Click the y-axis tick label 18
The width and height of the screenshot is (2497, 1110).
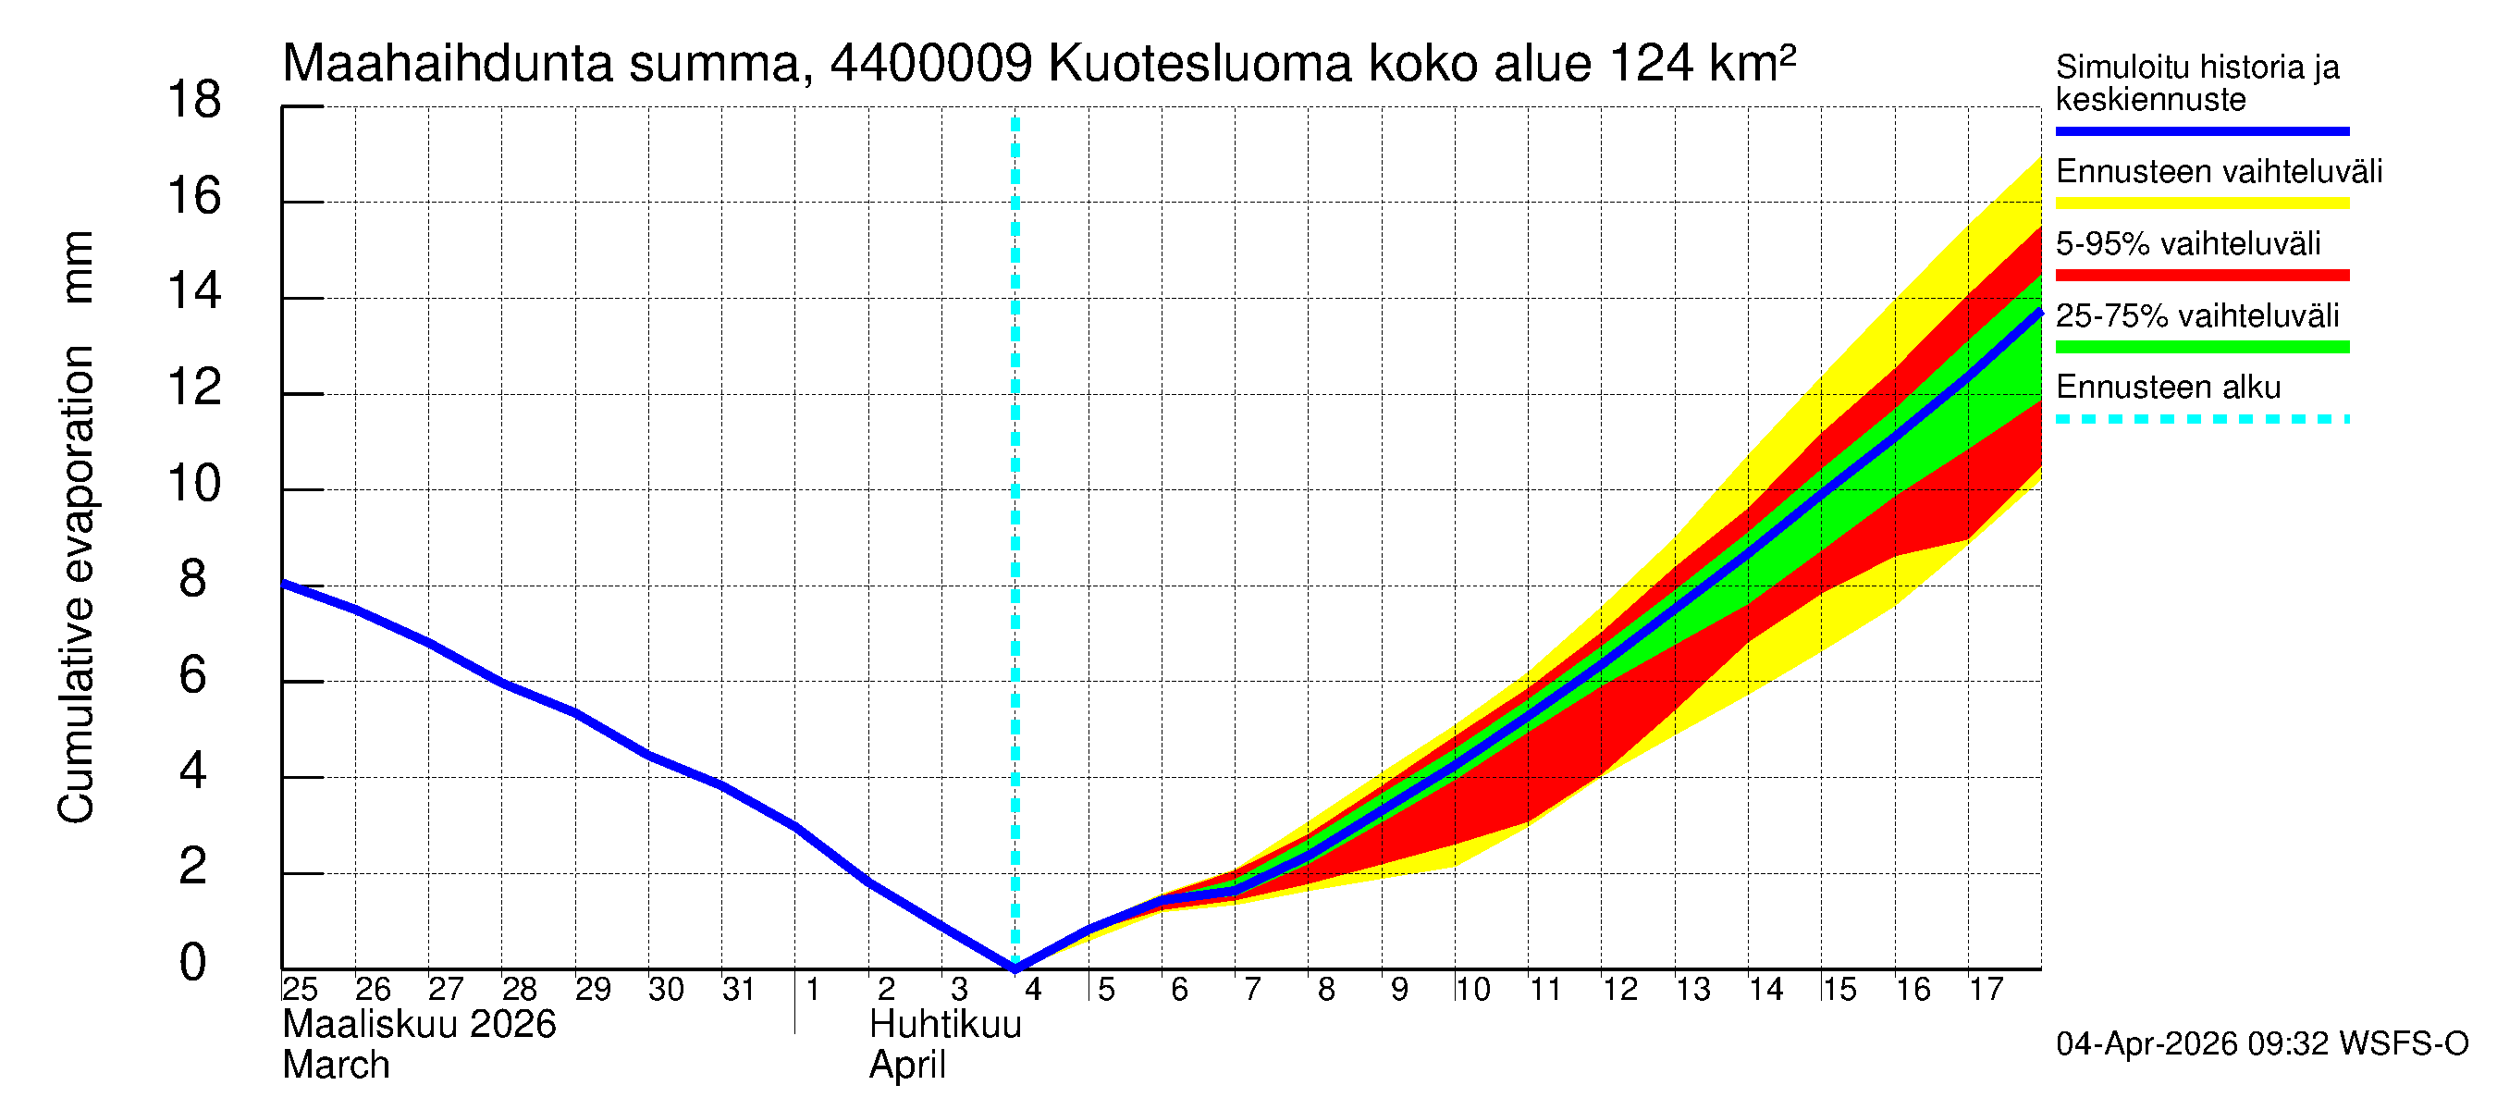pos(194,101)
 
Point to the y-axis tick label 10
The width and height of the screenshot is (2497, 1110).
pos(194,484)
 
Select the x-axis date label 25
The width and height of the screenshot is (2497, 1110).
pos(300,990)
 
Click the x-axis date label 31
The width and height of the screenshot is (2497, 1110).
pos(739,990)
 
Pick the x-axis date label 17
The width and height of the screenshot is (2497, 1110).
pos(1987,990)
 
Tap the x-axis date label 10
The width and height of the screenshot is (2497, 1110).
pos(1472,990)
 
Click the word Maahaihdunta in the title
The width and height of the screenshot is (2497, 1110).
pos(447,64)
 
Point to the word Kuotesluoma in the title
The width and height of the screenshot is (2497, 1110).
pos(1200,64)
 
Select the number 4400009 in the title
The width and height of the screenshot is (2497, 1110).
pos(930,64)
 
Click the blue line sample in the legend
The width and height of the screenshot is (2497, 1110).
pos(2201,130)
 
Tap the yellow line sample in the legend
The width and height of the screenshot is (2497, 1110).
pos(2201,203)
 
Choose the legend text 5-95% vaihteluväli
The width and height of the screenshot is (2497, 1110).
pos(2188,243)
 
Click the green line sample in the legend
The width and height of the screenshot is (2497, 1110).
pos(2201,347)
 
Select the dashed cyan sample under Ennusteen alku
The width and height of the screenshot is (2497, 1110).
pos(2201,420)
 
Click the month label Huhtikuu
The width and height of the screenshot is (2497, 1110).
pos(945,1025)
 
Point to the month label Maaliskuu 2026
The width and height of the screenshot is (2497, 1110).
pos(419,1025)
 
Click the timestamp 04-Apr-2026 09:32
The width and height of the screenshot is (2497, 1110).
pos(2192,1044)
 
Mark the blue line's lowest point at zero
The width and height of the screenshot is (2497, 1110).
pos(1015,968)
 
